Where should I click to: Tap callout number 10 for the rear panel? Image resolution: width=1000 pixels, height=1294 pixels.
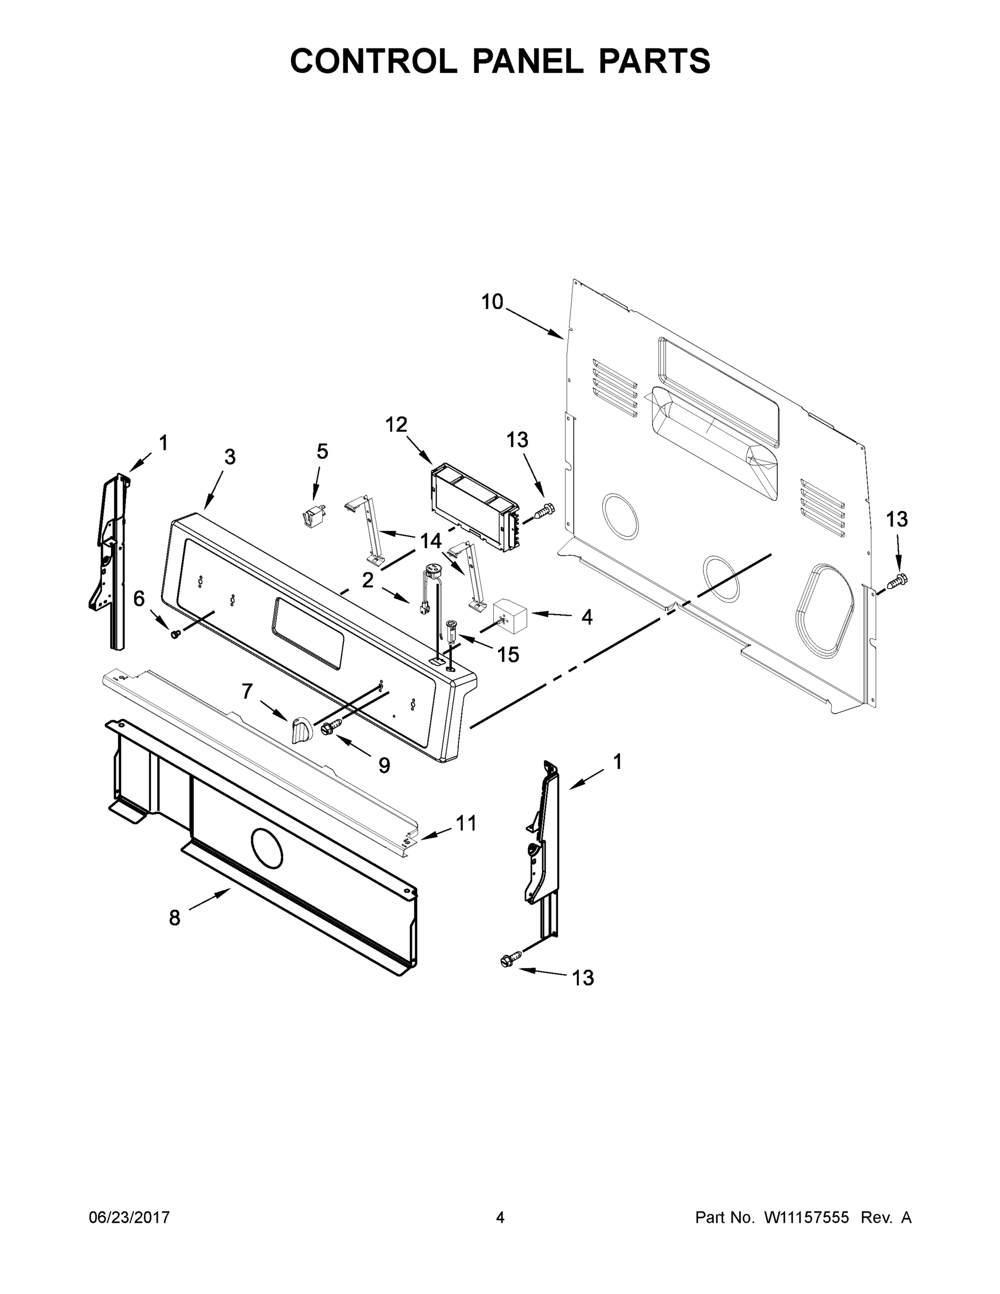pyautogui.click(x=491, y=301)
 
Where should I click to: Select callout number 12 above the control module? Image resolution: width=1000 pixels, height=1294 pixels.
pyautogui.click(x=396, y=424)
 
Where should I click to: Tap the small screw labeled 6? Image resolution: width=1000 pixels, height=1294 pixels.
pyautogui.click(x=175, y=634)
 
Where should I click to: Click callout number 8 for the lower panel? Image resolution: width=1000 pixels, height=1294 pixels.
pyautogui.click(x=174, y=918)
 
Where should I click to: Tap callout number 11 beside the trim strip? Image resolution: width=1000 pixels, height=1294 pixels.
pyautogui.click(x=466, y=823)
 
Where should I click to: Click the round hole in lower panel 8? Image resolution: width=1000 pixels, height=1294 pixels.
pyautogui.click(x=267, y=848)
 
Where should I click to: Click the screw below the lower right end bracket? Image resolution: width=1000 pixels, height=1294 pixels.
pyautogui.click(x=511, y=960)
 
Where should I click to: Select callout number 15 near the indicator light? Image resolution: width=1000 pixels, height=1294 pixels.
pyautogui.click(x=508, y=655)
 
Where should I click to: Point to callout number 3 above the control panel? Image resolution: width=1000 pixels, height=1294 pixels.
pyautogui.click(x=230, y=457)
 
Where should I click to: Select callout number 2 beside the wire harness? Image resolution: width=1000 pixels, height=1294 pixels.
pyautogui.click(x=367, y=580)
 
